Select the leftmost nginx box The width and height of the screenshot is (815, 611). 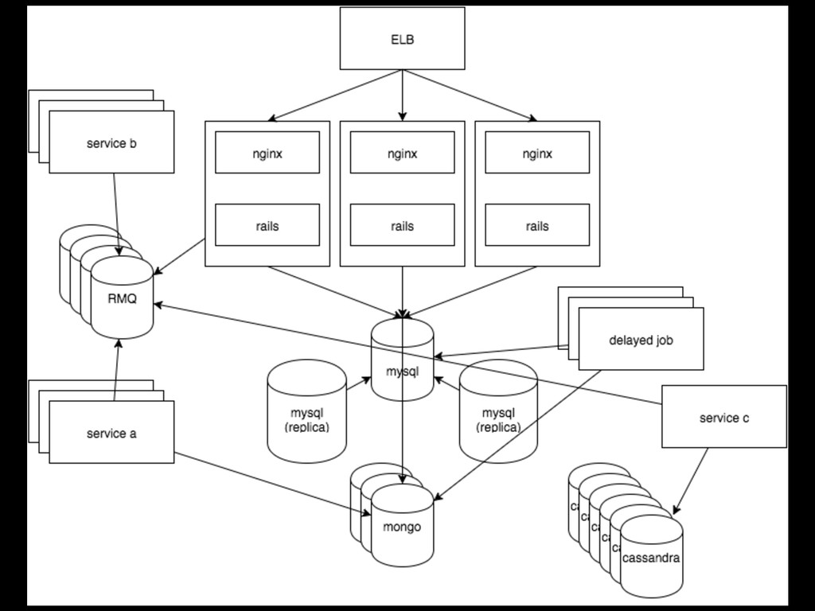pos(267,153)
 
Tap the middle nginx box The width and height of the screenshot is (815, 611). pos(402,153)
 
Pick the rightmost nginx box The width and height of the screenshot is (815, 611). pos(537,153)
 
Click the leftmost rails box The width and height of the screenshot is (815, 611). pos(267,225)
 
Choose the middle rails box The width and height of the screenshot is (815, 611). pos(402,225)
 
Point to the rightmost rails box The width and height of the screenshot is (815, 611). pos(537,225)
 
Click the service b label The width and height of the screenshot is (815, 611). pos(111,143)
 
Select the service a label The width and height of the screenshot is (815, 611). pos(111,434)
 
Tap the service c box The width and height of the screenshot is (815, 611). pos(724,417)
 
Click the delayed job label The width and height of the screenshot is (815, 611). pos(641,341)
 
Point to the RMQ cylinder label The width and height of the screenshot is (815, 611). pos(122,299)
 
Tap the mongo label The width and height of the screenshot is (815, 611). pos(402,527)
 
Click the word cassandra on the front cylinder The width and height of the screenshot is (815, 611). pos(651,558)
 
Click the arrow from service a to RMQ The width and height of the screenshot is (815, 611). pos(116,369)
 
